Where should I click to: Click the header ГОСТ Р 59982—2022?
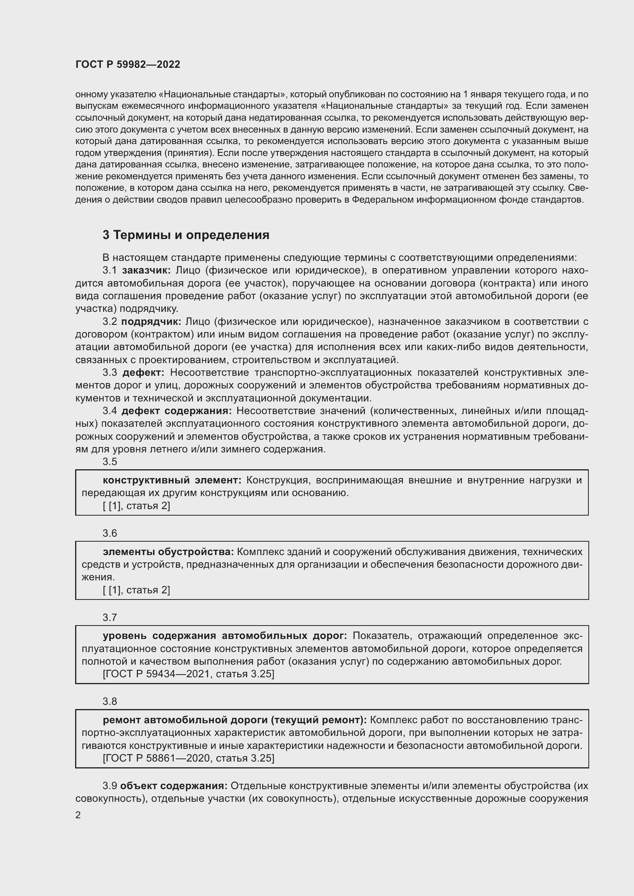click(128, 65)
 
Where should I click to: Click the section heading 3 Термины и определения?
click(186, 235)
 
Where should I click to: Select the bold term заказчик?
click(146, 270)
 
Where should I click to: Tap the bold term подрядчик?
click(151, 321)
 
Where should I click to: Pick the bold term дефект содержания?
click(176, 411)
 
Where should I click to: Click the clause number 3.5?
click(110, 462)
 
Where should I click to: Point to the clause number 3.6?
click(110, 534)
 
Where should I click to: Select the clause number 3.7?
click(110, 618)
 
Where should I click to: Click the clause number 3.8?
click(110, 702)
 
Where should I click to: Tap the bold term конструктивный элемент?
click(172, 480)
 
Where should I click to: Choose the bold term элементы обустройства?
click(168, 552)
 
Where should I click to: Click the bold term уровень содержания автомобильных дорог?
click(225, 636)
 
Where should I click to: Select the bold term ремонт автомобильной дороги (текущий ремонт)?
click(235, 720)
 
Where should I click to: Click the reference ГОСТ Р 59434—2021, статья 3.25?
click(189, 674)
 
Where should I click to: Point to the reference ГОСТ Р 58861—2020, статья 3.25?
click(189, 758)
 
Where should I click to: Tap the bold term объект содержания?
click(174, 786)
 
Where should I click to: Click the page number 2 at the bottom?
click(78, 815)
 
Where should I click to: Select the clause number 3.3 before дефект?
click(110, 373)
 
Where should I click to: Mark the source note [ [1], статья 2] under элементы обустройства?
click(136, 590)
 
